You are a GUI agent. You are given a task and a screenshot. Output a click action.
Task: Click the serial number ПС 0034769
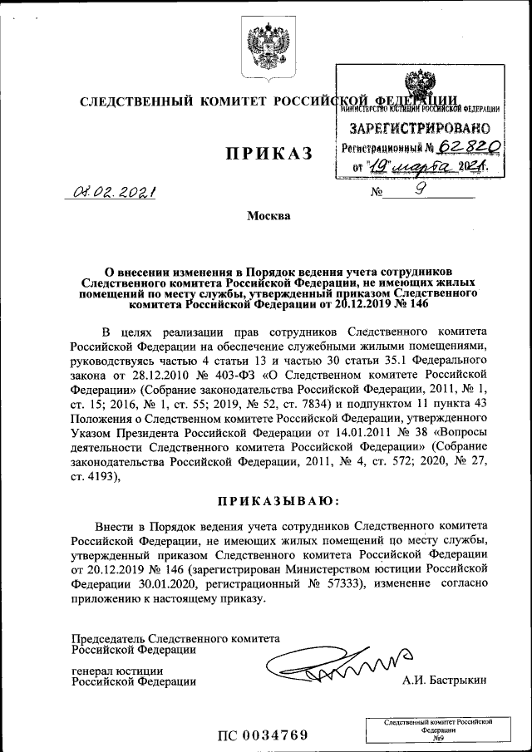coord(263,735)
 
